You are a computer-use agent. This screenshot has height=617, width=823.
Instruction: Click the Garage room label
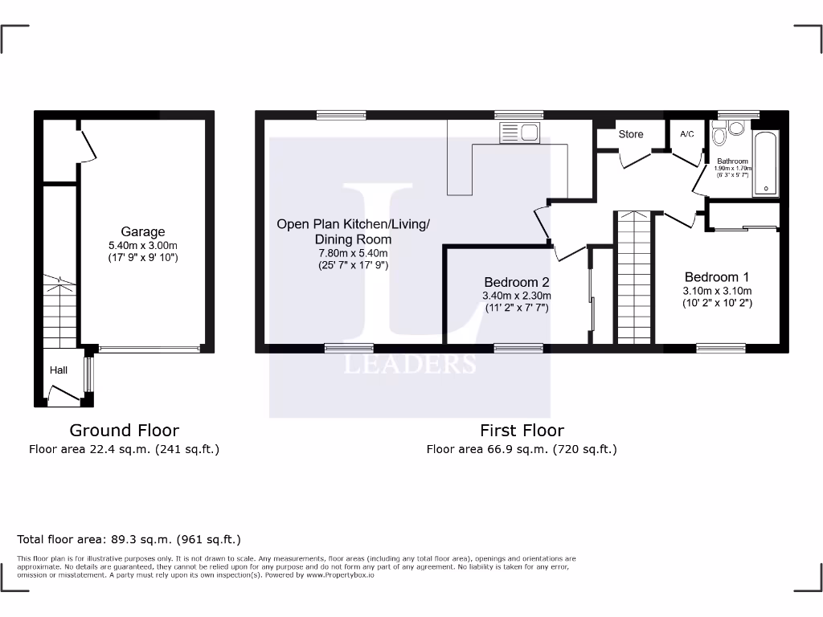point(143,232)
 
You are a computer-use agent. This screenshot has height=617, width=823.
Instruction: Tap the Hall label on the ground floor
point(59,370)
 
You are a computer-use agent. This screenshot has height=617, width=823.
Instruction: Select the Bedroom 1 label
point(717,277)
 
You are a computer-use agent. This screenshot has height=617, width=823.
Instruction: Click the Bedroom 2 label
point(517,282)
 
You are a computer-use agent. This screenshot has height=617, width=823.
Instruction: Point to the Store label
point(631,134)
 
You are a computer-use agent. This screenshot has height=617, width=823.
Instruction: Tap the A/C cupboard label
point(687,134)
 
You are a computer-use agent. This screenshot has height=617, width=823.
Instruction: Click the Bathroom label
point(732,161)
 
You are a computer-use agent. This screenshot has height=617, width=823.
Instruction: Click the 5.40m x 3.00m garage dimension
point(143,245)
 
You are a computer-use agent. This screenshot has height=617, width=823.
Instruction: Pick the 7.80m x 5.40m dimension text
point(354,252)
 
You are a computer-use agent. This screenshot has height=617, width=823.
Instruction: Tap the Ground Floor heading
point(124,431)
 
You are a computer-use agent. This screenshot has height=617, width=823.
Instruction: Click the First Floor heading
point(522,431)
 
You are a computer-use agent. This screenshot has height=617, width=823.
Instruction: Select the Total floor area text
point(129,540)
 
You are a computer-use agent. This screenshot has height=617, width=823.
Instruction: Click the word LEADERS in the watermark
point(410,364)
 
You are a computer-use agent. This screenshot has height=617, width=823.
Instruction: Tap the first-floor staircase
point(635,277)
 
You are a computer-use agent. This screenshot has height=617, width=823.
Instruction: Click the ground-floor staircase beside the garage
point(59,309)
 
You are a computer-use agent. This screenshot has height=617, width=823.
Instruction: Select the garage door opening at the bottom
point(149,349)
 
